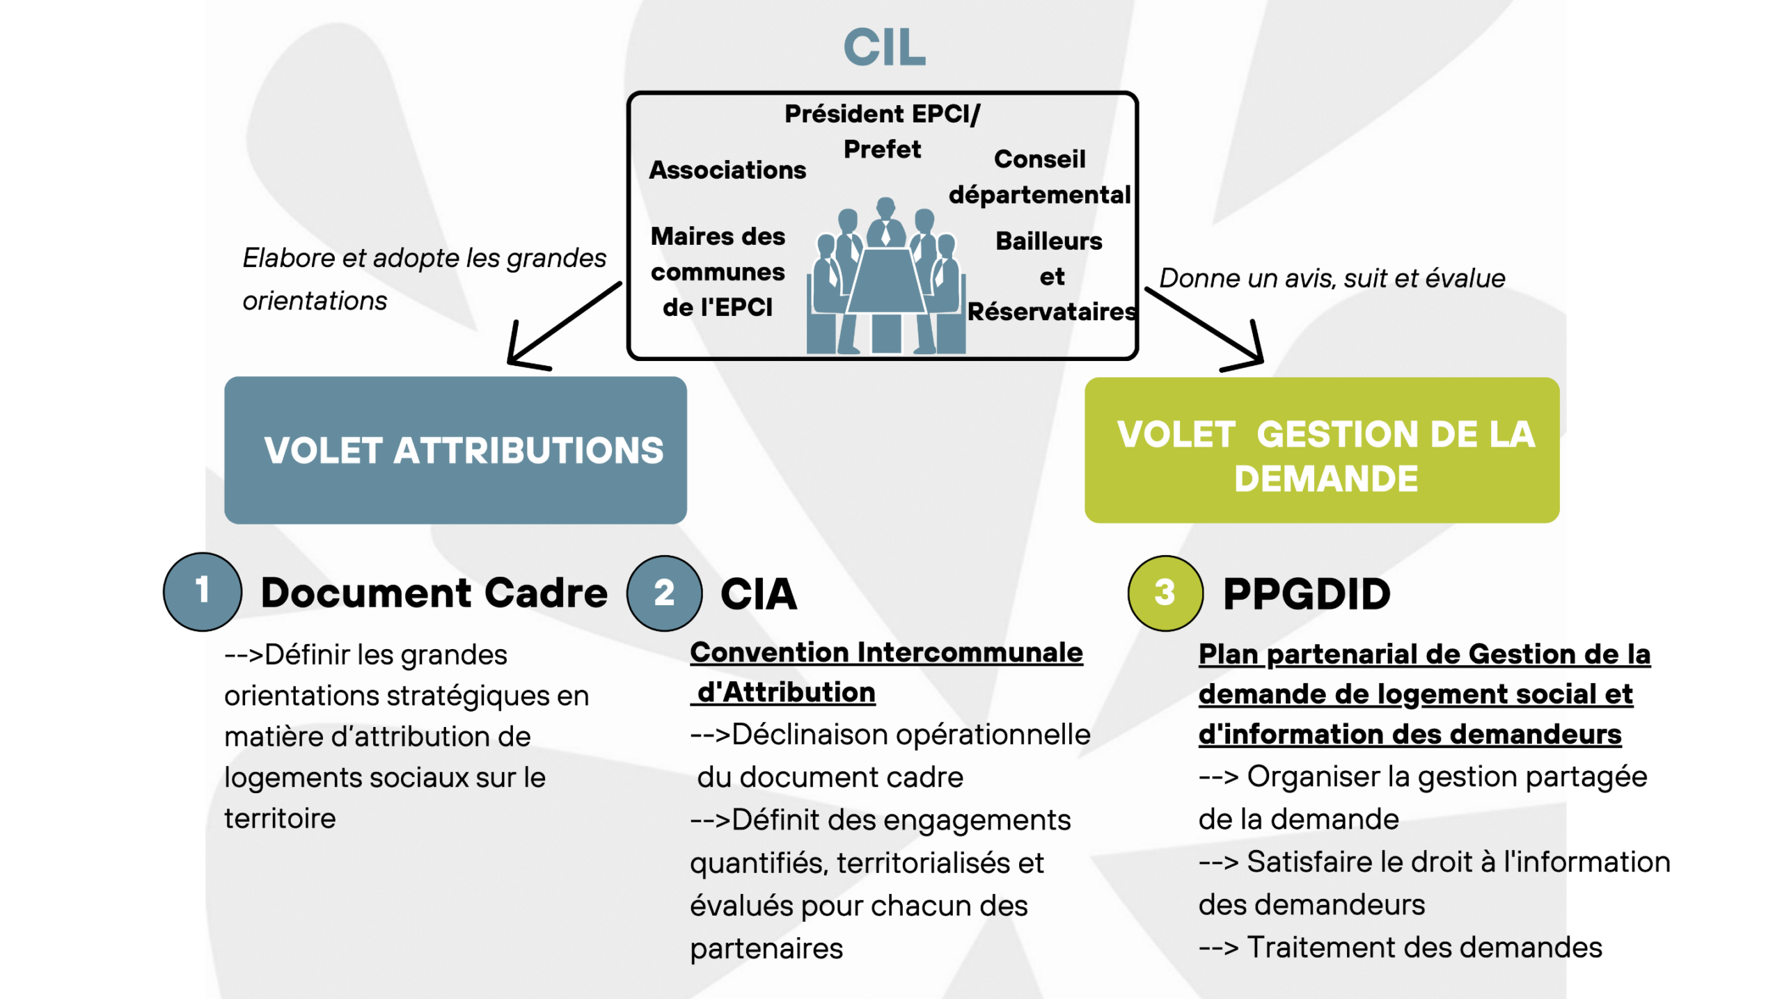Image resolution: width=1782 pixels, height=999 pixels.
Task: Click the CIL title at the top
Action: [x=884, y=47]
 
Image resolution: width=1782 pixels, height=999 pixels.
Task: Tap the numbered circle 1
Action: [x=203, y=591]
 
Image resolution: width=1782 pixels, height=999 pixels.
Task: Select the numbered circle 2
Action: [x=664, y=593]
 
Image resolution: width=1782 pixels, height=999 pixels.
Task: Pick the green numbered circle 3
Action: [x=1165, y=593]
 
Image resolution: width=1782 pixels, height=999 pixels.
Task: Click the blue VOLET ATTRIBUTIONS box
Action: [x=455, y=450]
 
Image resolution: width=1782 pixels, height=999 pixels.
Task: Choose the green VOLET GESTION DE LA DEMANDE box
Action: [x=1321, y=450]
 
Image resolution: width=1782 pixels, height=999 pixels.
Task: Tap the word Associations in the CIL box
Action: [x=727, y=170]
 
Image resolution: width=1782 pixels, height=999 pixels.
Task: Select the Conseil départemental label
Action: [x=1039, y=177]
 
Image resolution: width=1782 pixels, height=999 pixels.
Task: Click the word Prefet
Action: [x=882, y=149]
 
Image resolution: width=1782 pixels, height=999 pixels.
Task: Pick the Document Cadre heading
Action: [x=434, y=593]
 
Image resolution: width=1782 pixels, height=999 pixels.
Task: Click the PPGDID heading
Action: [x=1307, y=594]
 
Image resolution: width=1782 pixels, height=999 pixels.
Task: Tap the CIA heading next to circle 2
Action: [x=759, y=594]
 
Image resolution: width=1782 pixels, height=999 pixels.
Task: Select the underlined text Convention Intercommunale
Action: [x=886, y=653]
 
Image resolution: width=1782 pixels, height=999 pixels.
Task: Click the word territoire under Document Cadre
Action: [x=280, y=818]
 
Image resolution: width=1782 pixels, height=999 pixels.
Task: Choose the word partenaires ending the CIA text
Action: [x=766, y=949]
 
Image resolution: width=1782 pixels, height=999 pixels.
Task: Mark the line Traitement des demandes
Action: [x=1400, y=948]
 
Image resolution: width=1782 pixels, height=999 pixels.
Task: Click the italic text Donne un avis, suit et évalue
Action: [x=1332, y=278]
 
